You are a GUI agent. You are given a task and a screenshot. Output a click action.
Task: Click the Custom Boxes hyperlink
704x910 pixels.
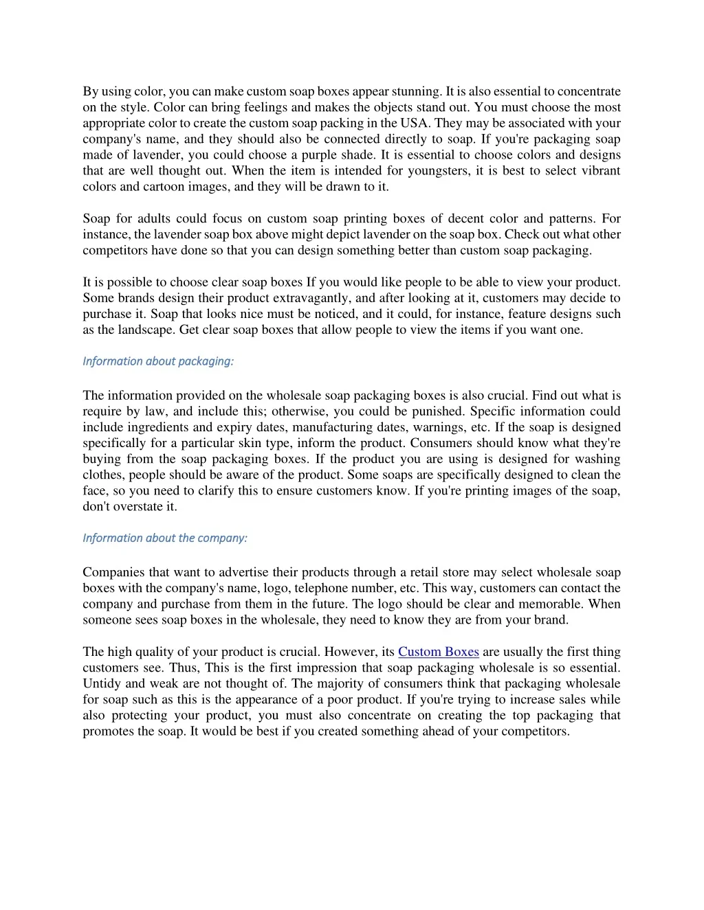[x=438, y=652]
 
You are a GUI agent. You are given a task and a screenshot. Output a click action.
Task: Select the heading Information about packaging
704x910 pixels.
[x=158, y=361]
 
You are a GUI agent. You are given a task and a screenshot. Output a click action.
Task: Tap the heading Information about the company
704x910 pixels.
[x=165, y=538]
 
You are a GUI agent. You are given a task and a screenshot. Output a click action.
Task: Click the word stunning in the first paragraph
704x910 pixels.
[x=416, y=91]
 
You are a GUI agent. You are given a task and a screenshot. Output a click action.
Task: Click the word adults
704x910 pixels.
[x=153, y=218]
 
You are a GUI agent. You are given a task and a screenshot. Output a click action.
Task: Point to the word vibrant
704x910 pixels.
[x=599, y=170]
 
